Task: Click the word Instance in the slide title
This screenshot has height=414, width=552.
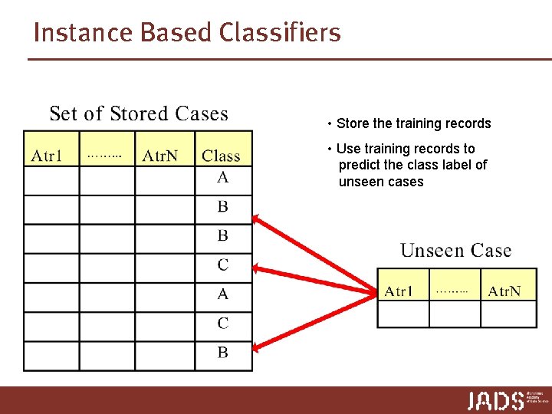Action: click(x=71, y=33)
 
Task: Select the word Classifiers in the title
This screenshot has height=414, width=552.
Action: click(x=280, y=33)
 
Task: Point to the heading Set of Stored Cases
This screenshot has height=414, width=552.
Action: click(x=139, y=114)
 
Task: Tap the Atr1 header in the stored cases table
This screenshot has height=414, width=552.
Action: click(x=48, y=156)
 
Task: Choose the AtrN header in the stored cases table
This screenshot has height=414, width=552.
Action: click(x=160, y=156)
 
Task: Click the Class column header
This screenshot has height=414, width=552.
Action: click(x=221, y=156)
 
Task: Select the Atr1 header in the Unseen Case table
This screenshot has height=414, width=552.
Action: click(x=399, y=291)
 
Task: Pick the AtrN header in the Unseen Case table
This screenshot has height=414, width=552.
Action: click(x=504, y=291)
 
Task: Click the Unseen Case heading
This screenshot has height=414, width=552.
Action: click(x=455, y=251)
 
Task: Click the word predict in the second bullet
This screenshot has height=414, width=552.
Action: click(x=358, y=165)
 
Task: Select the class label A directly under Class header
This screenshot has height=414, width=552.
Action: click(x=222, y=177)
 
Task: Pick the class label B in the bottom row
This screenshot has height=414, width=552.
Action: click(x=222, y=353)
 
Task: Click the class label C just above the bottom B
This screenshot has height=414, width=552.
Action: click(x=222, y=324)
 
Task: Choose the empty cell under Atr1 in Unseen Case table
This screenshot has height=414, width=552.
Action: click(x=402, y=314)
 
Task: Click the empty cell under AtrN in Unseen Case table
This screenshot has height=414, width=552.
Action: click(x=508, y=314)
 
